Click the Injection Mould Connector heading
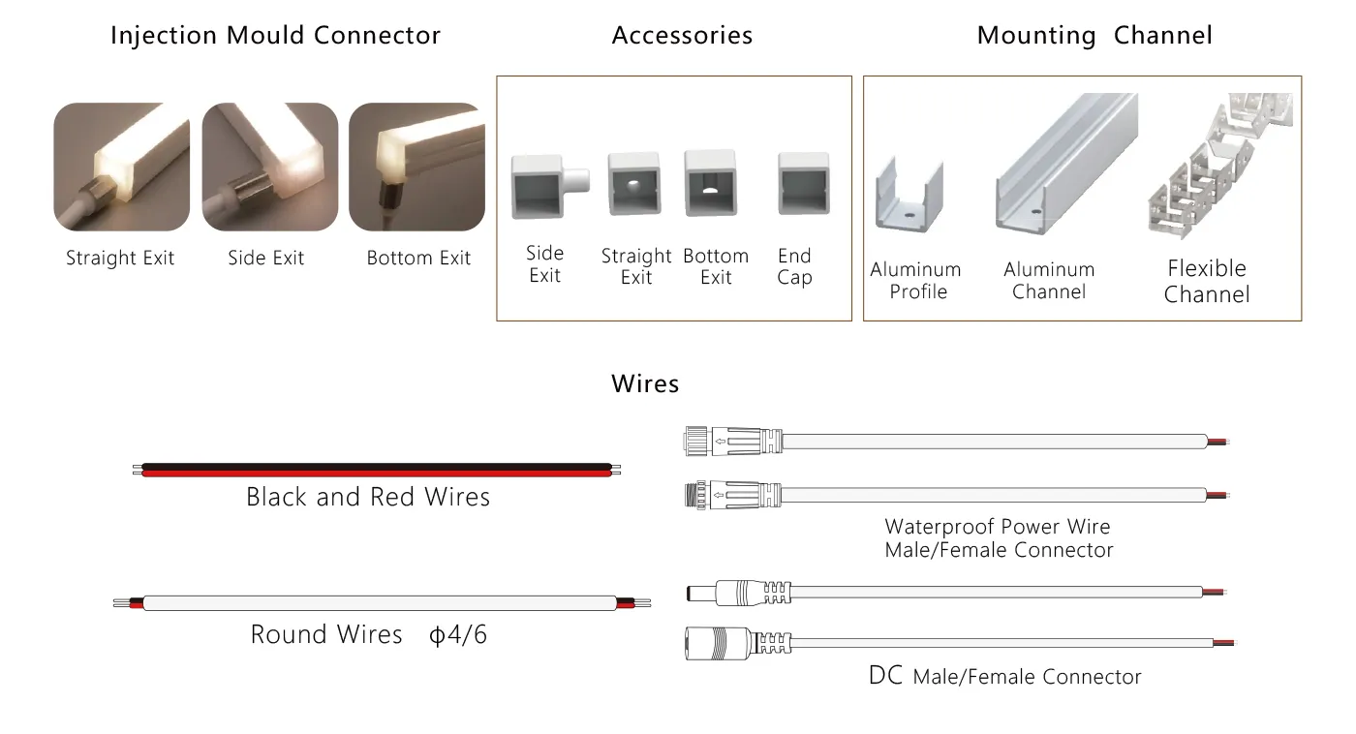point(275,35)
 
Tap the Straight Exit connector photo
point(122,167)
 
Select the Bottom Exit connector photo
point(417,167)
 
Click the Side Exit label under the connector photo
point(265,258)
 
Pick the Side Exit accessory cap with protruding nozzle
point(549,186)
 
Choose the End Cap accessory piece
point(804,184)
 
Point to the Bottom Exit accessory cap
point(711,183)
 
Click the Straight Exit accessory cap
point(634,183)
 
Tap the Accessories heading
point(682,35)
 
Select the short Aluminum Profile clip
point(909,195)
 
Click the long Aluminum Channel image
point(1066,164)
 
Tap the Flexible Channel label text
point(1207,282)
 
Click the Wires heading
point(645,383)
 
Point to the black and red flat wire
point(377,470)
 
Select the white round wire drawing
point(382,602)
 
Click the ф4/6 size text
point(457,635)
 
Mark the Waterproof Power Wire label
point(998,527)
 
